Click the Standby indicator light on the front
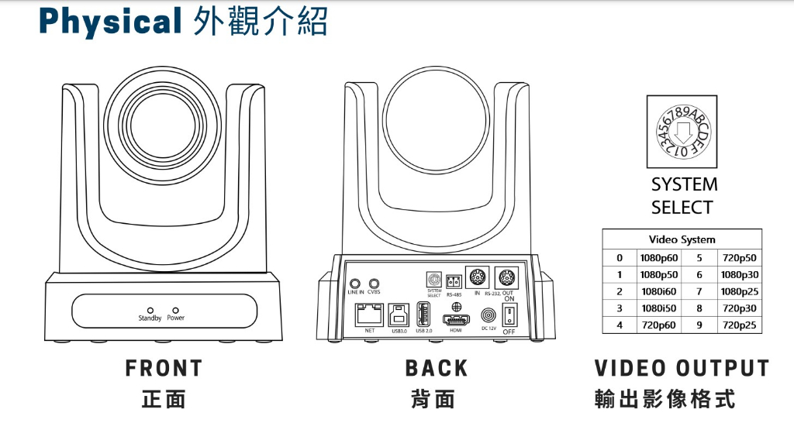tap(150, 309)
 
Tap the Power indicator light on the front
tap(175, 309)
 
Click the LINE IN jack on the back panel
tap(356, 284)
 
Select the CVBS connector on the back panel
tap(375, 284)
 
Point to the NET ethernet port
tap(369, 314)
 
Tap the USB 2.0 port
tap(423, 314)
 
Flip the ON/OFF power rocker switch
tap(509, 315)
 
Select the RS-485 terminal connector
tap(454, 282)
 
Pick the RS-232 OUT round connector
tap(508, 277)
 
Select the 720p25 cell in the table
tap(737, 325)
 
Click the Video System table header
tap(682, 239)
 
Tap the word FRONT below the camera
tap(164, 368)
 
